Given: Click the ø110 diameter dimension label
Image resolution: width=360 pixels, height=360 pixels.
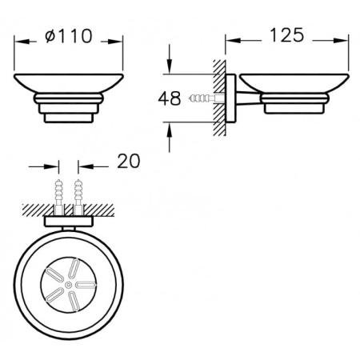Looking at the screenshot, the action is tap(69, 36).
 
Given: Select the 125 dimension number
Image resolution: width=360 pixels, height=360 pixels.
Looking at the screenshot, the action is tap(286, 35).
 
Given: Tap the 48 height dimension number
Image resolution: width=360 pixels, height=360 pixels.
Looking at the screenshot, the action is tap(170, 98).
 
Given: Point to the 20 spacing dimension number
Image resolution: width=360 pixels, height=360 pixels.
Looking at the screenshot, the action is tap(128, 161).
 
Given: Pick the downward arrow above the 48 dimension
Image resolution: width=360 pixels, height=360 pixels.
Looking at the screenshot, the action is tap(169, 59).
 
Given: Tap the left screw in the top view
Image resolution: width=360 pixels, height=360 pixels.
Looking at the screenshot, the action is tap(59, 197).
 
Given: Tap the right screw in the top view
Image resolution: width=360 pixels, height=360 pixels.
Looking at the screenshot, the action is tap(78, 197).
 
